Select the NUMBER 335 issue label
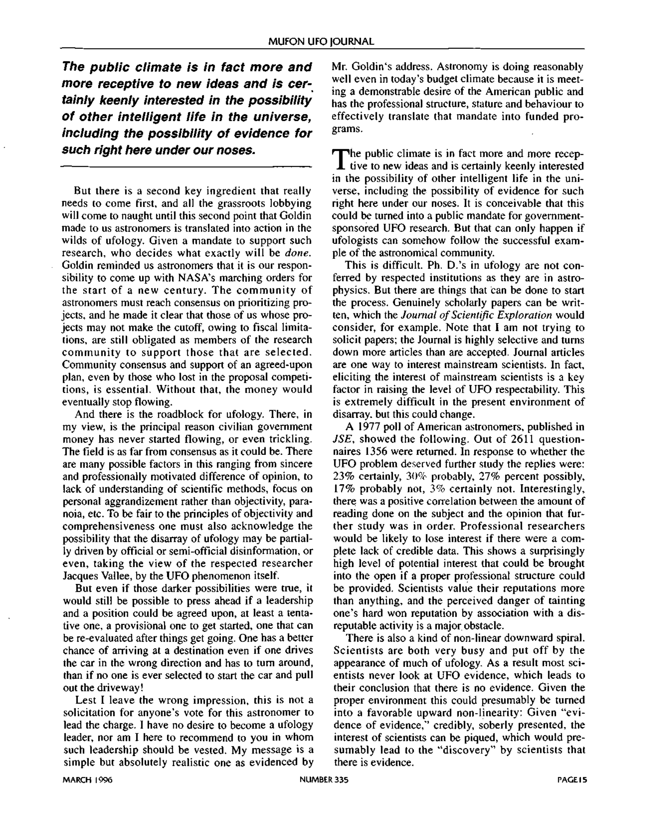(x=324, y=780)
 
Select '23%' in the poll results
(x=344, y=477)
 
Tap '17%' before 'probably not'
(x=344, y=489)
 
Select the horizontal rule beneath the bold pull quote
(x=186, y=166)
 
